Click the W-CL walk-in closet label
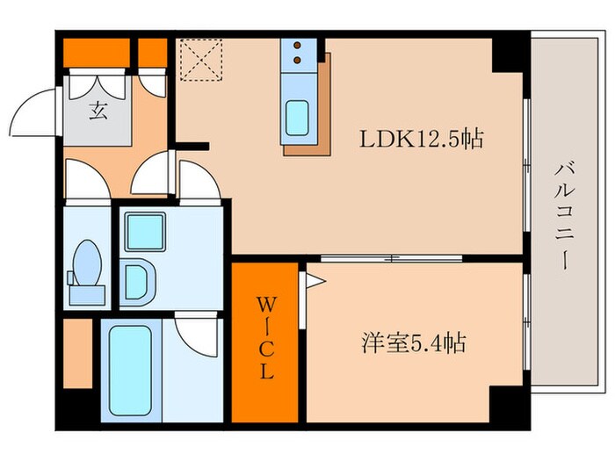[x=264, y=337]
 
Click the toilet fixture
[x=86, y=264]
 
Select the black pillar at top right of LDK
[x=508, y=54]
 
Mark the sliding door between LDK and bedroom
[x=391, y=258]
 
